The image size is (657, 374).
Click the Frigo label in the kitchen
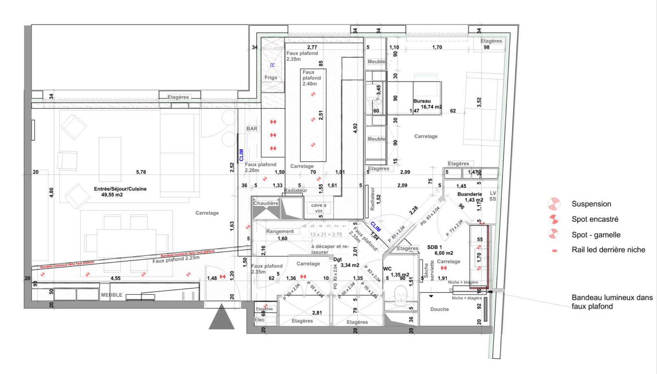pyautogui.click(x=271, y=77)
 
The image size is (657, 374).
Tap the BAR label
pyautogui.click(x=252, y=129)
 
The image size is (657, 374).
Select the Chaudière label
pyautogui.click(x=266, y=203)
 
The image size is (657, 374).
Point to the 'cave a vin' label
pyautogui.click(x=319, y=208)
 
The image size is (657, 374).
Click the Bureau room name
pyautogui.click(x=422, y=101)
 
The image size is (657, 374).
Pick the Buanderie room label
pyautogui.click(x=470, y=194)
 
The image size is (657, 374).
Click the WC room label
pyautogui.click(x=387, y=269)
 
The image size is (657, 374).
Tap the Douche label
pyautogui.click(x=439, y=309)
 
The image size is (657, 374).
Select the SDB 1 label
pyautogui.click(x=434, y=247)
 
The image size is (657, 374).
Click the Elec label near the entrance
pyautogui.click(x=259, y=320)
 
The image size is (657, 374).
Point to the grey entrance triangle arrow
pyautogui.click(x=222, y=318)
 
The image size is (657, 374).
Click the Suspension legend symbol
pyautogui.click(x=553, y=204)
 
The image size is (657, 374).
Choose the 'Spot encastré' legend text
pyautogui.click(x=595, y=219)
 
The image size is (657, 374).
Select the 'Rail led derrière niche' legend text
pyautogui.click(x=608, y=250)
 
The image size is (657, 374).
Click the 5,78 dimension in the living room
pyautogui.click(x=141, y=172)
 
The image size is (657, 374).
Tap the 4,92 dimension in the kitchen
pyautogui.click(x=355, y=128)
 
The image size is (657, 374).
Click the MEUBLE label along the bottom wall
pyautogui.click(x=112, y=295)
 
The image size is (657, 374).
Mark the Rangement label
pyautogui.click(x=280, y=231)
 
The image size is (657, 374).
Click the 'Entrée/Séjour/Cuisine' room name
pyautogui.click(x=120, y=189)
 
